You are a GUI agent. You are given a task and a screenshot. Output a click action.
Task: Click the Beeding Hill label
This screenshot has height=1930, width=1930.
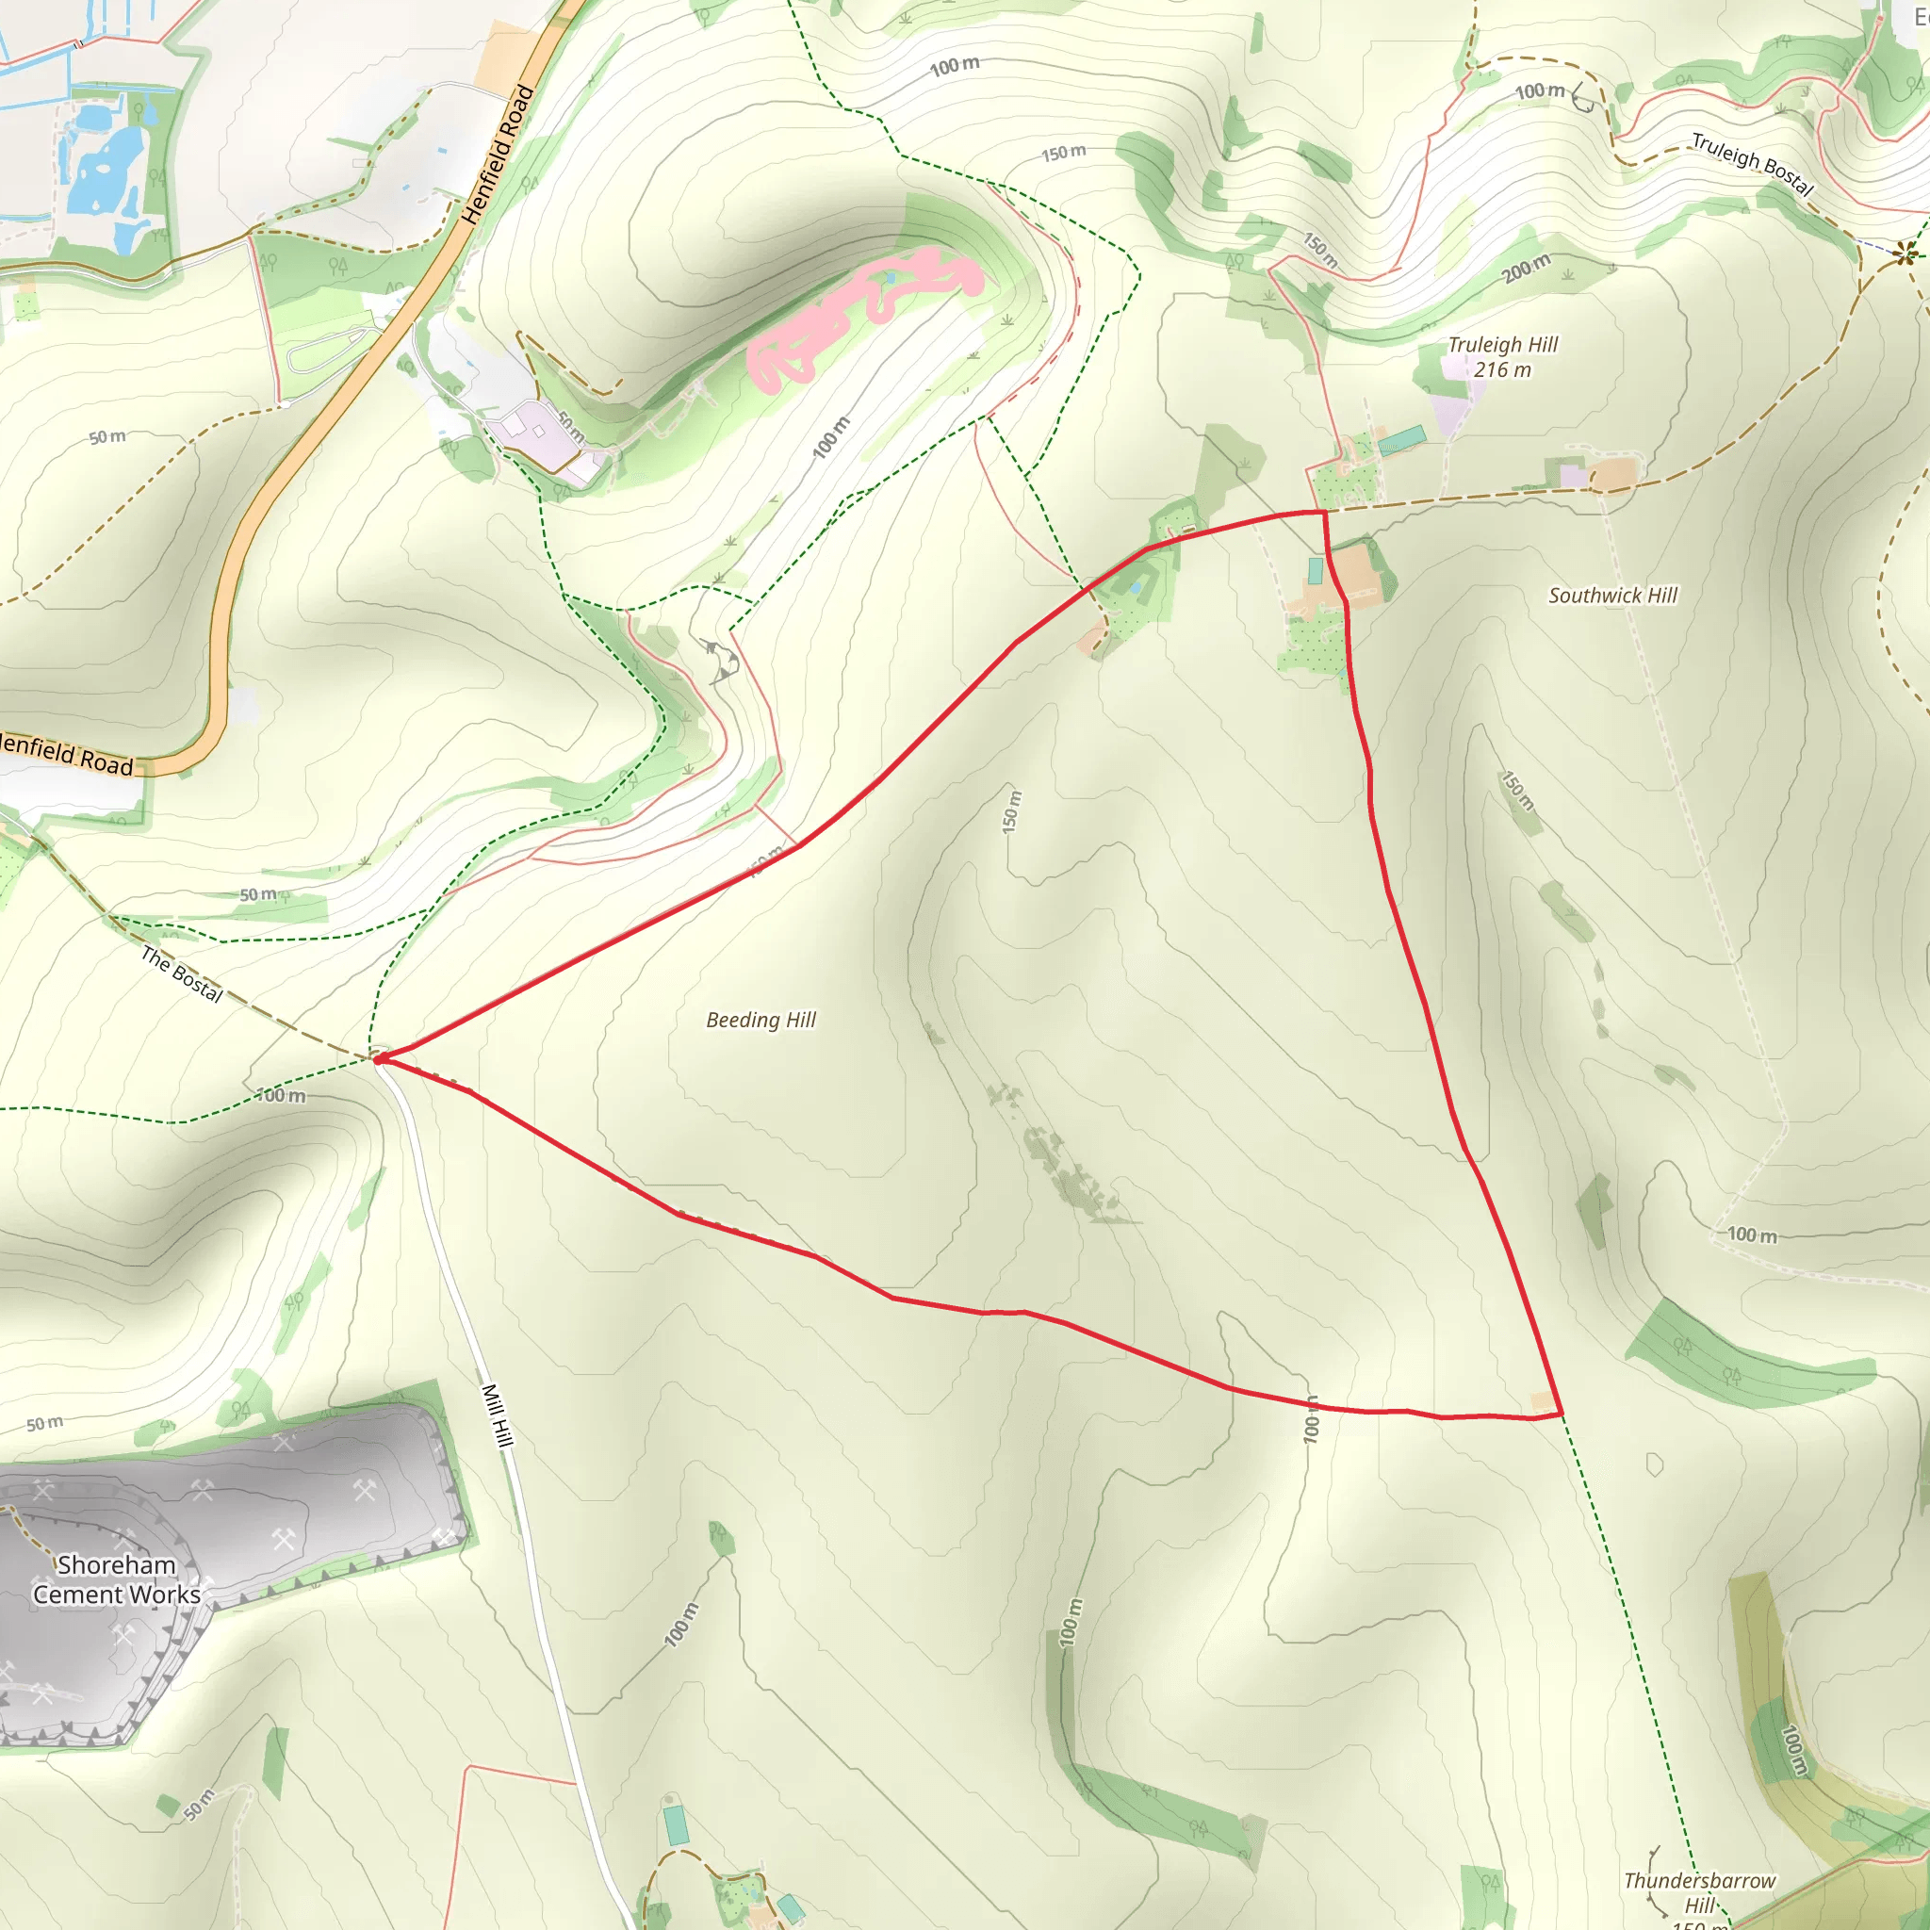(761, 1020)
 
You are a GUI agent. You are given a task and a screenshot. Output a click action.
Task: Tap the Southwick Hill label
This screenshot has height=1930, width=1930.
(1612, 596)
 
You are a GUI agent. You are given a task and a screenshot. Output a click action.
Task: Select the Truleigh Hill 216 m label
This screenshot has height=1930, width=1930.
(1502, 356)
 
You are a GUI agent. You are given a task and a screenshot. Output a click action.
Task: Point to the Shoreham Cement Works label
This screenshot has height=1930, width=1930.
(117, 1579)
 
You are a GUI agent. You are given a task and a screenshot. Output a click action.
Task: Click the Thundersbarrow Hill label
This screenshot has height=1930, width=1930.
(1699, 1892)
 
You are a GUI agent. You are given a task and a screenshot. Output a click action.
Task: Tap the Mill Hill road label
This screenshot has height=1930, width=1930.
(497, 1415)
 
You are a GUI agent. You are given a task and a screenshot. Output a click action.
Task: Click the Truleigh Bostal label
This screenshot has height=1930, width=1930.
(1752, 164)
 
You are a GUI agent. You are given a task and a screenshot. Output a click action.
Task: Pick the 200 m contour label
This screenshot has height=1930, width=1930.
(1527, 268)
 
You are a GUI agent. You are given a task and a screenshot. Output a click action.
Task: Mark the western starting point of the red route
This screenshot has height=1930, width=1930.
(379, 1058)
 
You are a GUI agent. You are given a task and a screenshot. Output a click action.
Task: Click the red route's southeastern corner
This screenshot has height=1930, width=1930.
(1561, 1413)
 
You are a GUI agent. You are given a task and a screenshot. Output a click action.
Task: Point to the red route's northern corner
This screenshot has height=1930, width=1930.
(1324, 513)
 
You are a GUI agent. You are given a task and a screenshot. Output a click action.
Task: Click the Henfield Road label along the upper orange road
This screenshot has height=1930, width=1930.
(499, 155)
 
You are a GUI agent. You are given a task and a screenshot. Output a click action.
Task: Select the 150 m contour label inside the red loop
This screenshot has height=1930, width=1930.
(1012, 811)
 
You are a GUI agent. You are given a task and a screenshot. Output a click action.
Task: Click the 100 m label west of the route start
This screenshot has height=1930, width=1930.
(282, 1096)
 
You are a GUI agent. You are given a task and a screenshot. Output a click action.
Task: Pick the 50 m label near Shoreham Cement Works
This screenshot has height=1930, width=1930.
(45, 1424)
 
